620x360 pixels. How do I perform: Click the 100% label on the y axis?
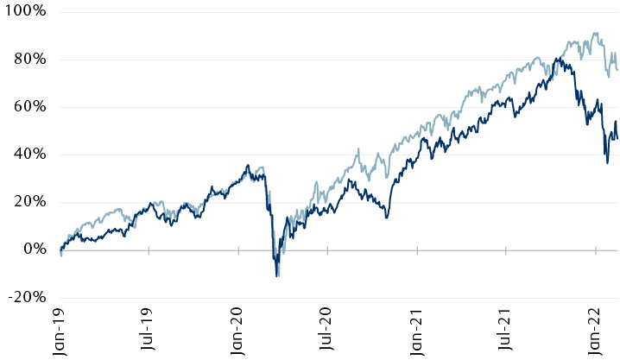tap(25, 13)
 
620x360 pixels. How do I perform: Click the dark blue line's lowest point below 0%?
tap(277, 275)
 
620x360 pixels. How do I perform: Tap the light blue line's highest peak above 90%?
tap(595, 34)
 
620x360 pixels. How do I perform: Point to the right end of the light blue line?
tap(617, 71)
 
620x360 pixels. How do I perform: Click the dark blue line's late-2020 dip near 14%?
tap(386, 217)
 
